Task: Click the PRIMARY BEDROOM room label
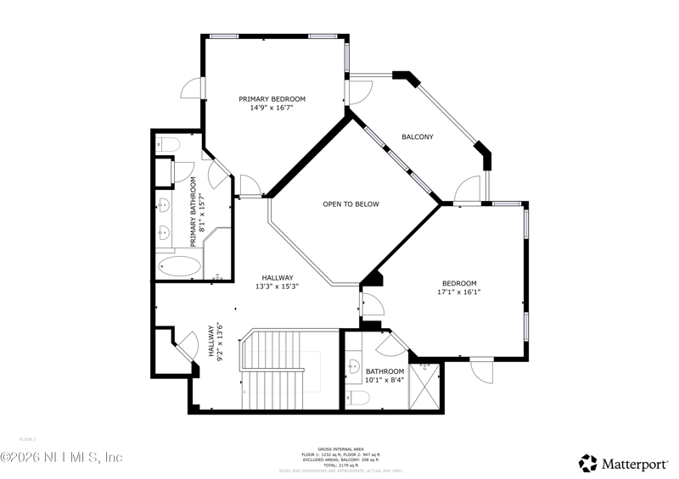tap(272, 99)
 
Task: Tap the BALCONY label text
tap(418, 136)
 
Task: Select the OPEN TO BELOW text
tap(351, 204)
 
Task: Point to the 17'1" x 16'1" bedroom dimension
tap(458, 292)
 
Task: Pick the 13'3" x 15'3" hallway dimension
tap(277, 287)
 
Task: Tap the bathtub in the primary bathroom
tap(179, 267)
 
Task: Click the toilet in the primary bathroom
tap(166, 144)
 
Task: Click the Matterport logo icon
tap(588, 463)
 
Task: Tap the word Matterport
tap(635, 463)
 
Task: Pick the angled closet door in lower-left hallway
tap(184, 346)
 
